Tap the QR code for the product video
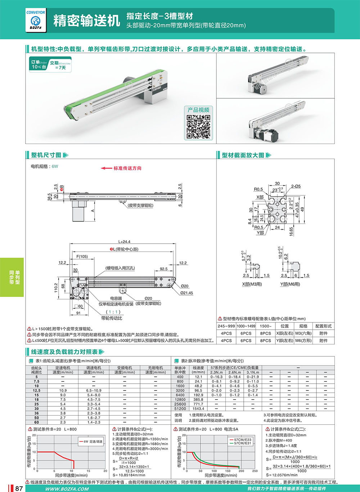(198, 127)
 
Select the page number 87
(19, 488)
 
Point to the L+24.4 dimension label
(124, 242)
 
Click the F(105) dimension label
(82, 257)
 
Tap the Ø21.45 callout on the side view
(186, 293)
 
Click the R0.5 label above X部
(258, 189)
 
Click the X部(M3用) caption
(252, 284)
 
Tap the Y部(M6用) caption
(290, 284)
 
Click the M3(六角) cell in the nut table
(303, 333)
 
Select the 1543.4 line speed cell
(198, 409)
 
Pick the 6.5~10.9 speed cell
(94, 391)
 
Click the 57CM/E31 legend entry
(242, 443)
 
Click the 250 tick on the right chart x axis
(255, 471)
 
